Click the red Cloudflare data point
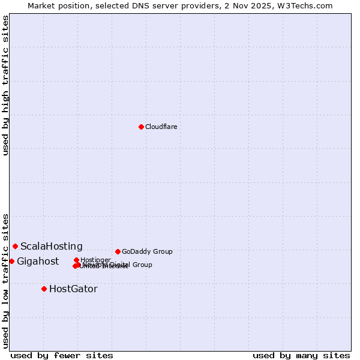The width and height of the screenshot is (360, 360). [141, 127]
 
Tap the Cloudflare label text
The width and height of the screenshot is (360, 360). [161, 127]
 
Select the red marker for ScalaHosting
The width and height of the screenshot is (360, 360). [15, 246]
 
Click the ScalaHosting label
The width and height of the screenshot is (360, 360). [52, 246]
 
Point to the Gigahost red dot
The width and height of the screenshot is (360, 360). [11, 261]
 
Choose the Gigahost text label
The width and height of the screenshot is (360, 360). [38, 261]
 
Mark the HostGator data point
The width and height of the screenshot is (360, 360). [44, 289]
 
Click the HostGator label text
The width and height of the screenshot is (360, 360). [73, 289]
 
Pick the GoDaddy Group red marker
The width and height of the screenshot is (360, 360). [118, 251]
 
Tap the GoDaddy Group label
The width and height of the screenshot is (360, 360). [147, 251]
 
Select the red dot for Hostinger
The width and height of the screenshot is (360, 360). [76, 260]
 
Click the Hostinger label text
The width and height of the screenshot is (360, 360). [95, 260]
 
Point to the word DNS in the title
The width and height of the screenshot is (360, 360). [139, 5]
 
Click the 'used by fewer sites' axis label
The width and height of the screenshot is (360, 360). [62, 355]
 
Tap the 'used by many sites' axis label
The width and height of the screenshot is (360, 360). [301, 355]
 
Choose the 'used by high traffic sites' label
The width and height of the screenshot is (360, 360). [5, 85]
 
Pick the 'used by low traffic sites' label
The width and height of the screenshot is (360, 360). [5, 280]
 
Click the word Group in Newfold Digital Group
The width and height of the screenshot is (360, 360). [142, 265]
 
